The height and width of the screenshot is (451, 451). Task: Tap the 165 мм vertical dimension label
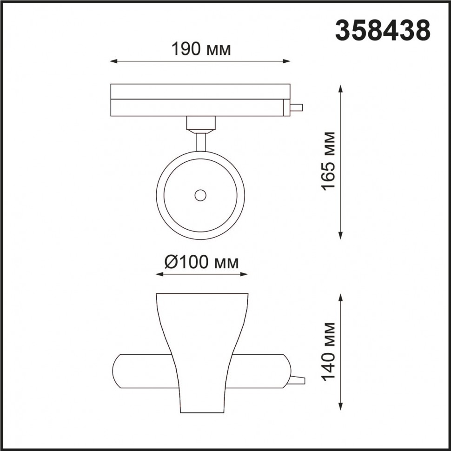point(329,162)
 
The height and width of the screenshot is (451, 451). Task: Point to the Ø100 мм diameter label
point(202,263)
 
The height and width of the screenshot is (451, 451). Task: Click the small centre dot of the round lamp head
point(200,195)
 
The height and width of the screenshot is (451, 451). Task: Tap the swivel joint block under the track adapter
point(201,124)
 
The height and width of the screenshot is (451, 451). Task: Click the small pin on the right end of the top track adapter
point(296,108)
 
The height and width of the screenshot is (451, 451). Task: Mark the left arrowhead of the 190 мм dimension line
point(113,61)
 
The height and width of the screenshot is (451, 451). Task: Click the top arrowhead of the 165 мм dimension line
point(342,88)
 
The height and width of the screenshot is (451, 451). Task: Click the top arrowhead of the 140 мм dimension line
point(342,297)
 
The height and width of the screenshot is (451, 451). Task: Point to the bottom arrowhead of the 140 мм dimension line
point(342,410)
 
